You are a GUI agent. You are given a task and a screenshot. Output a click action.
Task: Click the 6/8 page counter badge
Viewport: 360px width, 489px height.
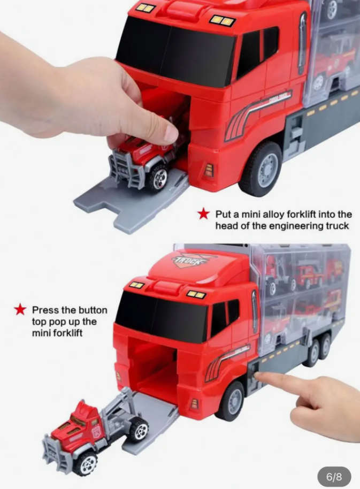click(x=334, y=477)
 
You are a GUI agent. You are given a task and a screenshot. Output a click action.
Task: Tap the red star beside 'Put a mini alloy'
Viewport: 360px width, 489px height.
click(x=203, y=214)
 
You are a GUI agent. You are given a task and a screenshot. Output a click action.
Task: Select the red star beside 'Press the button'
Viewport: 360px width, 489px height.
click(x=20, y=309)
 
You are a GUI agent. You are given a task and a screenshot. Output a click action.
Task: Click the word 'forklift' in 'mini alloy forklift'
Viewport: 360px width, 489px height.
click(x=304, y=214)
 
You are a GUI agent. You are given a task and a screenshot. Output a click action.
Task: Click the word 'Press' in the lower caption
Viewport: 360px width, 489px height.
click(x=45, y=310)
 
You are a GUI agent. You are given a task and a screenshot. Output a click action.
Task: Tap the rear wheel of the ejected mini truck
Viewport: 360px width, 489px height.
click(x=139, y=430)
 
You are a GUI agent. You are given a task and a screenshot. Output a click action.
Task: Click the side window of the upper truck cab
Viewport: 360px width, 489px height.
click(x=257, y=50)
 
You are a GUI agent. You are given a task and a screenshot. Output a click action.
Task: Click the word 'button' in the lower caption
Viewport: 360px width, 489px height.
click(x=93, y=310)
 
